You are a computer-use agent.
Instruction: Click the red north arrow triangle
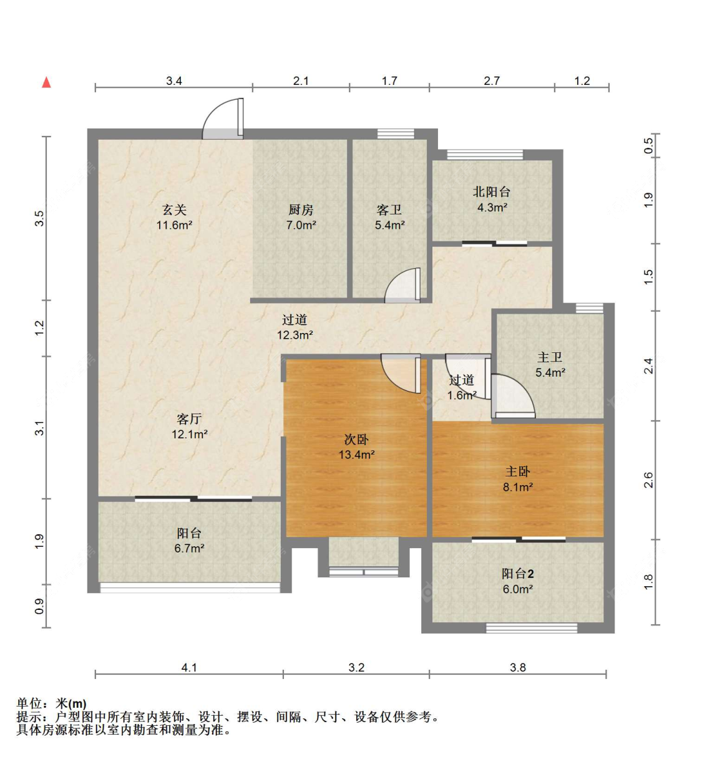tap(46, 82)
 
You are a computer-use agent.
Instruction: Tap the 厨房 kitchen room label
tap(301, 210)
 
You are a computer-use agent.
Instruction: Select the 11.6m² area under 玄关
tap(175, 225)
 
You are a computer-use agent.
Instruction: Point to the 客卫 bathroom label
tap(389, 210)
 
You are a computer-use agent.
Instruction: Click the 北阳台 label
tap(492, 191)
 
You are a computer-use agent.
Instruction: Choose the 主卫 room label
tap(550, 357)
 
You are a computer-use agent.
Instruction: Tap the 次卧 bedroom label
tap(356, 440)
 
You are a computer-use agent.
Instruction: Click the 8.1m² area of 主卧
tap(518, 488)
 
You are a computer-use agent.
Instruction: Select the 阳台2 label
tap(517, 574)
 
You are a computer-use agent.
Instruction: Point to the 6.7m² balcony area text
tap(189, 549)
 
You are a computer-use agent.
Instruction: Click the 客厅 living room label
tap(189, 419)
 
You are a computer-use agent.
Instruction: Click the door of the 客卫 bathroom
tap(402, 286)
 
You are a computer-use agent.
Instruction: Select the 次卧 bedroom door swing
tap(401, 374)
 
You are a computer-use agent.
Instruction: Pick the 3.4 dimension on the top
tap(174, 81)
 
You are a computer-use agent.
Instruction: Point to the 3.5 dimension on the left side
tap(39, 218)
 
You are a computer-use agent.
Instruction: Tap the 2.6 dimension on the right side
tap(649, 480)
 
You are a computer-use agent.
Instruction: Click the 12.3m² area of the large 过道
tap(295, 335)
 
